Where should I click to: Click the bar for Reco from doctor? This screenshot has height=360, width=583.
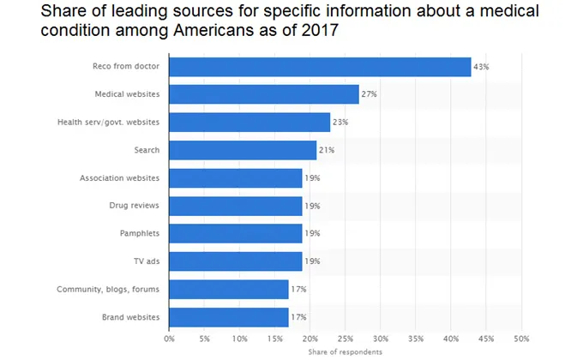320,67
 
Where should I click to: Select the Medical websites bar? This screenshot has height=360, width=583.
264,94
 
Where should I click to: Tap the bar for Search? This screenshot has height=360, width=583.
243,150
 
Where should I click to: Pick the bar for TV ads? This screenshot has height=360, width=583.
236,261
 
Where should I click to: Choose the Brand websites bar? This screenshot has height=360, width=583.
229,317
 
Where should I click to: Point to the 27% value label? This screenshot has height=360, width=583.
369,94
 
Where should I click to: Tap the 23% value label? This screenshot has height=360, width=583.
340,123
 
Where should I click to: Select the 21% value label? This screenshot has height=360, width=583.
326,150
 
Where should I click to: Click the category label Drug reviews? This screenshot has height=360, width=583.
135,206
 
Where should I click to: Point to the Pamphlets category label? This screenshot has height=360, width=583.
140,234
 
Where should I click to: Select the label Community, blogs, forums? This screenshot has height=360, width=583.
108,290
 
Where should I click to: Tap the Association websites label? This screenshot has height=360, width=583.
120,178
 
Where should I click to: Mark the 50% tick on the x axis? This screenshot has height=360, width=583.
521,339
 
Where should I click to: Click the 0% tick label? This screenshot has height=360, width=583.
170,339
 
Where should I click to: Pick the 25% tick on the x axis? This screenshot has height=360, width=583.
346,339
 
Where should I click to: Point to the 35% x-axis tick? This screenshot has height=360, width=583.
416,339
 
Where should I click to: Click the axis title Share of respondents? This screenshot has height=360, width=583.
346,351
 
